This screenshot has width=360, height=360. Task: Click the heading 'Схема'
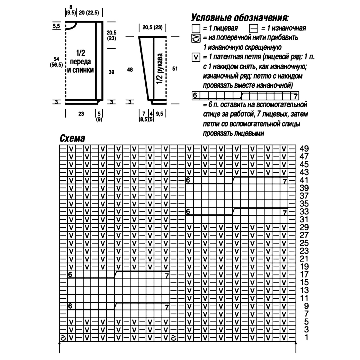pos(72,138)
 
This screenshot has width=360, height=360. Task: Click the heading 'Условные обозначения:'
pos(240,18)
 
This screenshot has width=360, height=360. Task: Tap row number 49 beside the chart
pos(304,149)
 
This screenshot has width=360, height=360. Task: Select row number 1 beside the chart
pos(306,338)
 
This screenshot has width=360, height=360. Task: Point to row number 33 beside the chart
pos(304,212)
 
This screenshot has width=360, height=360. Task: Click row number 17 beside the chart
pos(304,274)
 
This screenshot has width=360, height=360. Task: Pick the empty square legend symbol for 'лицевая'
pos(196,28)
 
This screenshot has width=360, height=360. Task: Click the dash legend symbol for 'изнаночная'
pos(254,28)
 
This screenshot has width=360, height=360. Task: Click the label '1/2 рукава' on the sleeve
pos(160,69)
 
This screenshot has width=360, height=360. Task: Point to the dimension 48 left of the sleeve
pos(130,69)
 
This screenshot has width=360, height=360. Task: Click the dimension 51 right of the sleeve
pos(175,69)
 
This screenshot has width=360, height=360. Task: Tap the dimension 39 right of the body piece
pos(111,72)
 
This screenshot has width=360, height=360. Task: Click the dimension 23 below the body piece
pos(81,114)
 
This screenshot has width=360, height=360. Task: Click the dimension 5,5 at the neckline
pos(56,26)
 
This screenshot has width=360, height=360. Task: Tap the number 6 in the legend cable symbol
pos(195,96)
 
